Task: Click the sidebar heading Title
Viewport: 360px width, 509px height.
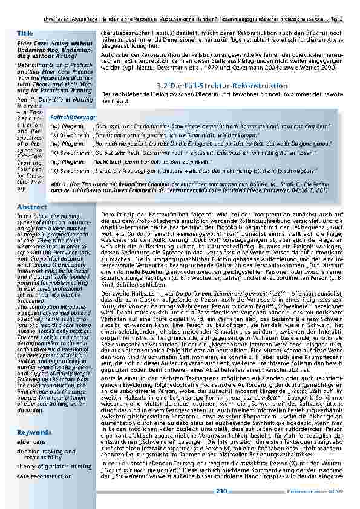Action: tap(25, 33)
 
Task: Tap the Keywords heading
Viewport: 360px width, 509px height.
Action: tap(34, 433)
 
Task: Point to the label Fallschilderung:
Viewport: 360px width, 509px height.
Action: tap(73, 115)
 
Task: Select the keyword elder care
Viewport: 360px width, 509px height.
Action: tap(31, 442)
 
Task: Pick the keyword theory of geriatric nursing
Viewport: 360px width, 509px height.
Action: tap(53, 467)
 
